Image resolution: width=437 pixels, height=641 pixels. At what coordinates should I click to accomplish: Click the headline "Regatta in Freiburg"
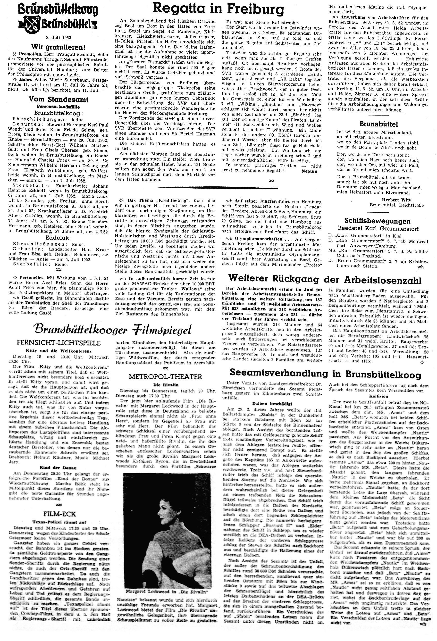point(218,10)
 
